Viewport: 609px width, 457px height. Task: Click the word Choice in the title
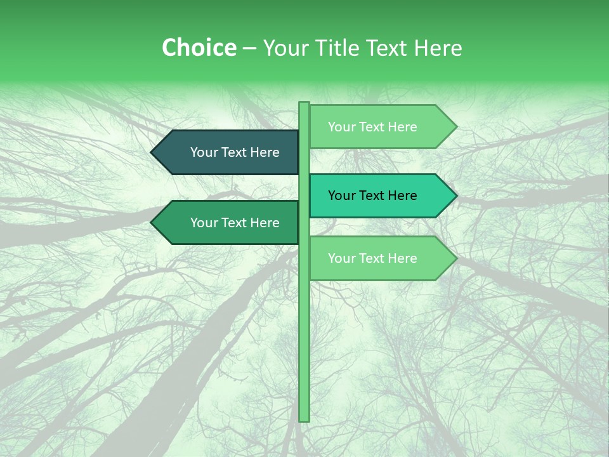(199, 48)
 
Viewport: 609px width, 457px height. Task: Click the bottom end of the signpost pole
(304, 419)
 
